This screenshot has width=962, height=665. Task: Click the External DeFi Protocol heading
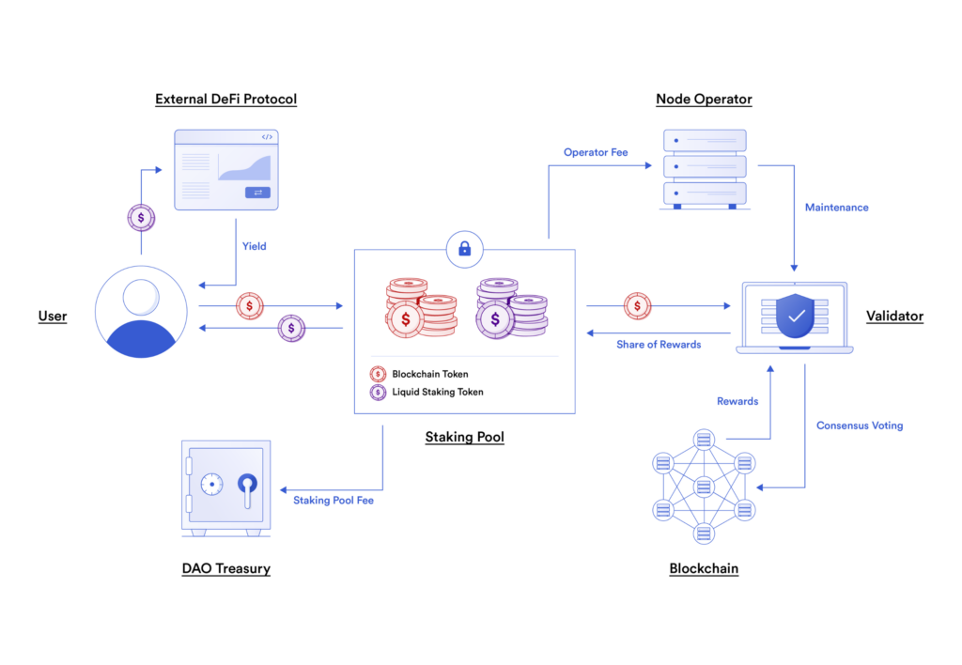tap(225, 99)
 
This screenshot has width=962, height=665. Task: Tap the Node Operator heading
tap(704, 99)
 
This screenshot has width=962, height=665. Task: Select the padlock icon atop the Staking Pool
tap(464, 249)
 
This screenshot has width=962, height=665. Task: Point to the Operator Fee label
tap(596, 152)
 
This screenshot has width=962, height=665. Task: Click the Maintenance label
tap(836, 207)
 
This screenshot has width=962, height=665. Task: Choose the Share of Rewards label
tap(659, 345)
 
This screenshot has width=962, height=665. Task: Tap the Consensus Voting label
tap(859, 425)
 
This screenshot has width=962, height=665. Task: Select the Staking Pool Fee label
tap(334, 501)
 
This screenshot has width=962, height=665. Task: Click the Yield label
tap(255, 246)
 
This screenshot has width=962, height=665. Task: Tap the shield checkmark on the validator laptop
tap(796, 317)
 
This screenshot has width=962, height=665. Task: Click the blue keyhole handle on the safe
tap(247, 485)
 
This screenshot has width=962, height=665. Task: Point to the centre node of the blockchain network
tap(704, 486)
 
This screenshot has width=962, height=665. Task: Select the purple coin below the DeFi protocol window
tap(141, 218)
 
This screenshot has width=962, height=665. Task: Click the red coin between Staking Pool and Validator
tap(637, 305)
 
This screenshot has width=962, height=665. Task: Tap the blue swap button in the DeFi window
tap(257, 193)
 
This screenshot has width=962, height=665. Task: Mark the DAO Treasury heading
tap(225, 568)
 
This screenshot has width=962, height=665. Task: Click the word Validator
tap(894, 317)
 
